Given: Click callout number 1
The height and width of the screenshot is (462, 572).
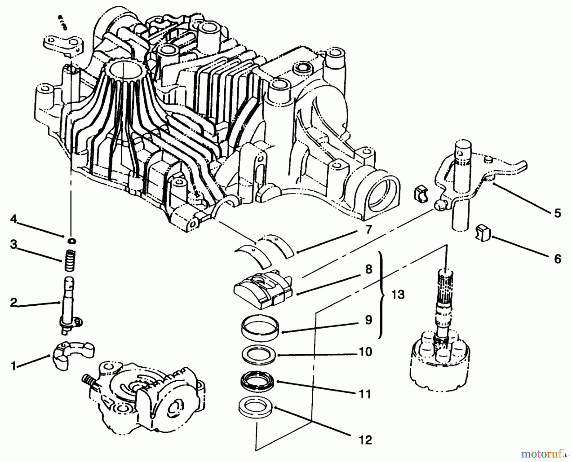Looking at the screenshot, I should [x=13, y=366].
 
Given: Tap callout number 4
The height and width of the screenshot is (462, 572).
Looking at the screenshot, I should [x=13, y=219].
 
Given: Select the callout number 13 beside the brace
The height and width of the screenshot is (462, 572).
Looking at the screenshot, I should [x=398, y=295].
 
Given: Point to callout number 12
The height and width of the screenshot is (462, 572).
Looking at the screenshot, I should [x=366, y=440].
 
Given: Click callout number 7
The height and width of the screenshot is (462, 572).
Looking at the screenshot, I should [x=369, y=229].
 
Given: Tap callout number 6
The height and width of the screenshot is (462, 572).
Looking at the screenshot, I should [x=557, y=259].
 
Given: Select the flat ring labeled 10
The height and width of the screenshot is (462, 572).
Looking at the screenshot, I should [x=257, y=354].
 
